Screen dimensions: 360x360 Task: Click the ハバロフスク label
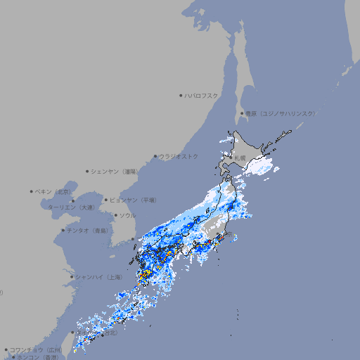202,95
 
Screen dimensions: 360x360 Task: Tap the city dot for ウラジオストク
155,157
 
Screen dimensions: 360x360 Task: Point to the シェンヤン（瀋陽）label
117,171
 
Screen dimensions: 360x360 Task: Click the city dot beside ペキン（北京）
32,191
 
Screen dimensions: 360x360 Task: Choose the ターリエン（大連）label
71,207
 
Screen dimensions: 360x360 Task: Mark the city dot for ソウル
115,215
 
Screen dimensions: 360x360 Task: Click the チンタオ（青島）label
88,230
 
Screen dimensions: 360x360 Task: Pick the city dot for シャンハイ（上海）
72,277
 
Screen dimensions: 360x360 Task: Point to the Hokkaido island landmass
250,148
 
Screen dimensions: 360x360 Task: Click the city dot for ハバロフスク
181,95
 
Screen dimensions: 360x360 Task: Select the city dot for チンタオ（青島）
63,230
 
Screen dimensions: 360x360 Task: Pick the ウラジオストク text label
179,157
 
